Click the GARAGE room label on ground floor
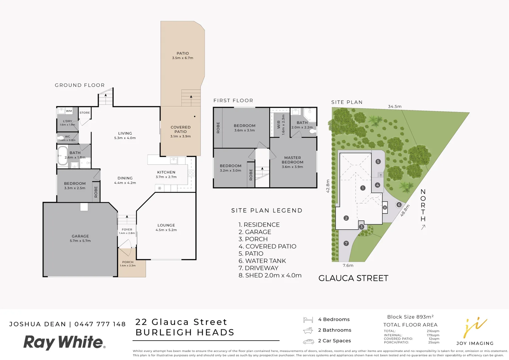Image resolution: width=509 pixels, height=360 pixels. click(x=80, y=236)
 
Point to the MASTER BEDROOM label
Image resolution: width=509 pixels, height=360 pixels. click(x=293, y=160)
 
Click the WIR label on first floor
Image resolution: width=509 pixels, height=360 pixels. click(x=279, y=124)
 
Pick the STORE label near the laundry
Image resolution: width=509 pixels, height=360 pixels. click(x=85, y=113)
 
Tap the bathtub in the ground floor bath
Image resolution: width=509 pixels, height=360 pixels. click(x=62, y=156)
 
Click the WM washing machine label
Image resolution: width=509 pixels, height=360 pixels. click(x=69, y=111)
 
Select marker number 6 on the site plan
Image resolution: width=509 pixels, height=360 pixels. click(x=399, y=205)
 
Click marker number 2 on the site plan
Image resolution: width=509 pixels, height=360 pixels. click(x=346, y=218)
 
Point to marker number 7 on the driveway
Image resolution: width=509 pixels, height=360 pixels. click(x=346, y=243)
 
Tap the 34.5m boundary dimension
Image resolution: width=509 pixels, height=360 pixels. click(x=395, y=107)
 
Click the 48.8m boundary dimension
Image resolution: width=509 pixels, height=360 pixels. click(x=405, y=210)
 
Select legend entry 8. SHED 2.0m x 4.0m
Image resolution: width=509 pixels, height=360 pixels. click(x=270, y=275)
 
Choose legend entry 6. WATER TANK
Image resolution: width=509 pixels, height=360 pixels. click(x=262, y=261)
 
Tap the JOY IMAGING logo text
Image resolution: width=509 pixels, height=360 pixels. click(x=475, y=343)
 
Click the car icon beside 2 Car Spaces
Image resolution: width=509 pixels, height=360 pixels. click(x=308, y=341)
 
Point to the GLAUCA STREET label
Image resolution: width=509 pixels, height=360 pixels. click(x=353, y=278)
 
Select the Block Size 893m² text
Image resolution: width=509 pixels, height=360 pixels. click(x=410, y=317)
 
